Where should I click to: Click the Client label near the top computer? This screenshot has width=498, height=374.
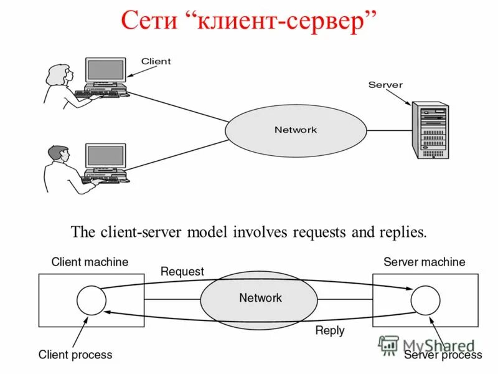pyautogui.click(x=156, y=61)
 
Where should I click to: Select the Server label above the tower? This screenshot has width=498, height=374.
pyautogui.click(x=385, y=85)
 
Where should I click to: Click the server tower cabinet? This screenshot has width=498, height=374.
pyautogui.click(x=430, y=132)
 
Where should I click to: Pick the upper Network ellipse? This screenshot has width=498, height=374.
pyautogui.click(x=295, y=130)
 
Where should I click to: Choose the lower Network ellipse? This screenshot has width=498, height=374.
pyautogui.click(x=260, y=299)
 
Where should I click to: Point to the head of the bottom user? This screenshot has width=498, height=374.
pyautogui.click(x=58, y=154)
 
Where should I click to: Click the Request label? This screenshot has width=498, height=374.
pyautogui.click(x=182, y=272)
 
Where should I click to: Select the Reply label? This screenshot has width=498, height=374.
pyautogui.click(x=329, y=331)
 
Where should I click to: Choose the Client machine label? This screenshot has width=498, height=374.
pyautogui.click(x=90, y=262)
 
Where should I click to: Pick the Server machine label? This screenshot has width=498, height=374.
pyautogui.click(x=424, y=262)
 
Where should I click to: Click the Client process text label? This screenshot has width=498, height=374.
pyautogui.click(x=75, y=355)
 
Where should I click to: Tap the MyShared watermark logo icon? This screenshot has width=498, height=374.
pyautogui.click(x=389, y=345)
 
